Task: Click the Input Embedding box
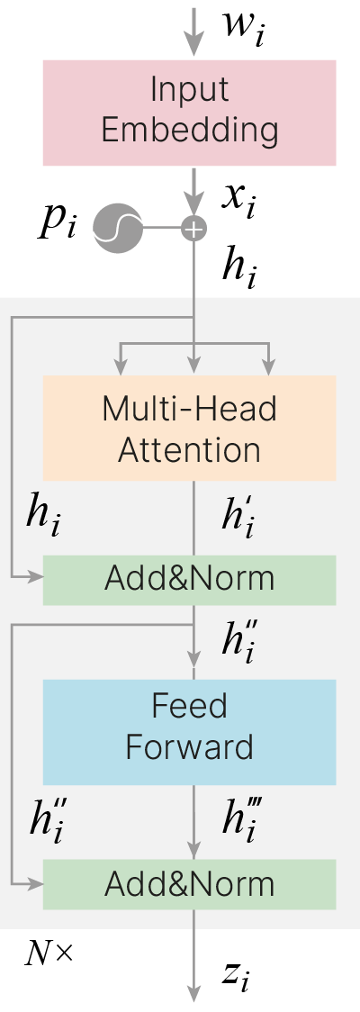click(190, 113)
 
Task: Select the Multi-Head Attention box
click(190, 428)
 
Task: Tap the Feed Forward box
click(190, 732)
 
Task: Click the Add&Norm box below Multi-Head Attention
click(190, 580)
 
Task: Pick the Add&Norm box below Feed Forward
click(190, 884)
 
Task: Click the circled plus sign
click(193, 228)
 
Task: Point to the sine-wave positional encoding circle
click(117, 228)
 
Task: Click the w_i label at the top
click(243, 27)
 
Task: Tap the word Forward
click(190, 746)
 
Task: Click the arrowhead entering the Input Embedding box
click(193, 48)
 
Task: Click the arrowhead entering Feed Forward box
click(193, 669)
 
